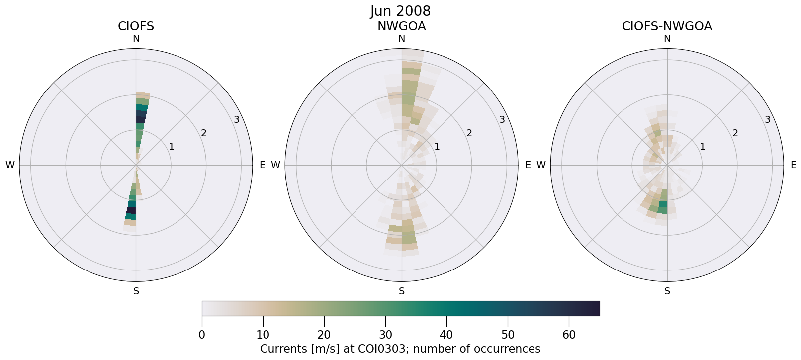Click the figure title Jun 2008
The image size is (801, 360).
click(400, 11)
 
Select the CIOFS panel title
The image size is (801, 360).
click(136, 26)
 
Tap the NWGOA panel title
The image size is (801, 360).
click(401, 26)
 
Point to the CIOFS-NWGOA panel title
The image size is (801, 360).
click(667, 26)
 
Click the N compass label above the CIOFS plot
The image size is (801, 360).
click(136, 39)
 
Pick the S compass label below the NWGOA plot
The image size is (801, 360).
click(401, 291)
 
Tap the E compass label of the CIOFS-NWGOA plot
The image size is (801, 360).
click(793, 165)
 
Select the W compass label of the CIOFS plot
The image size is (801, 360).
click(10, 165)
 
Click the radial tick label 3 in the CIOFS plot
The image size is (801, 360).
click(237, 119)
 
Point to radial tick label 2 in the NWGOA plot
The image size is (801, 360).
click(469, 133)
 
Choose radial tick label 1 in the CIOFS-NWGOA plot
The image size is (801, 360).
click(703, 146)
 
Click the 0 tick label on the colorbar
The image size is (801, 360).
click(202, 335)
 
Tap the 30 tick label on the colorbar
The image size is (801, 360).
click(385, 335)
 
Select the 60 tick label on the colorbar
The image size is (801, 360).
click(569, 335)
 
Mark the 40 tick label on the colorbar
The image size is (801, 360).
click(446, 335)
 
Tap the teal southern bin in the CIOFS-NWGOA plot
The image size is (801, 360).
click(663, 205)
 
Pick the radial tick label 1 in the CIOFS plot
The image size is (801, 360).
click(172, 146)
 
